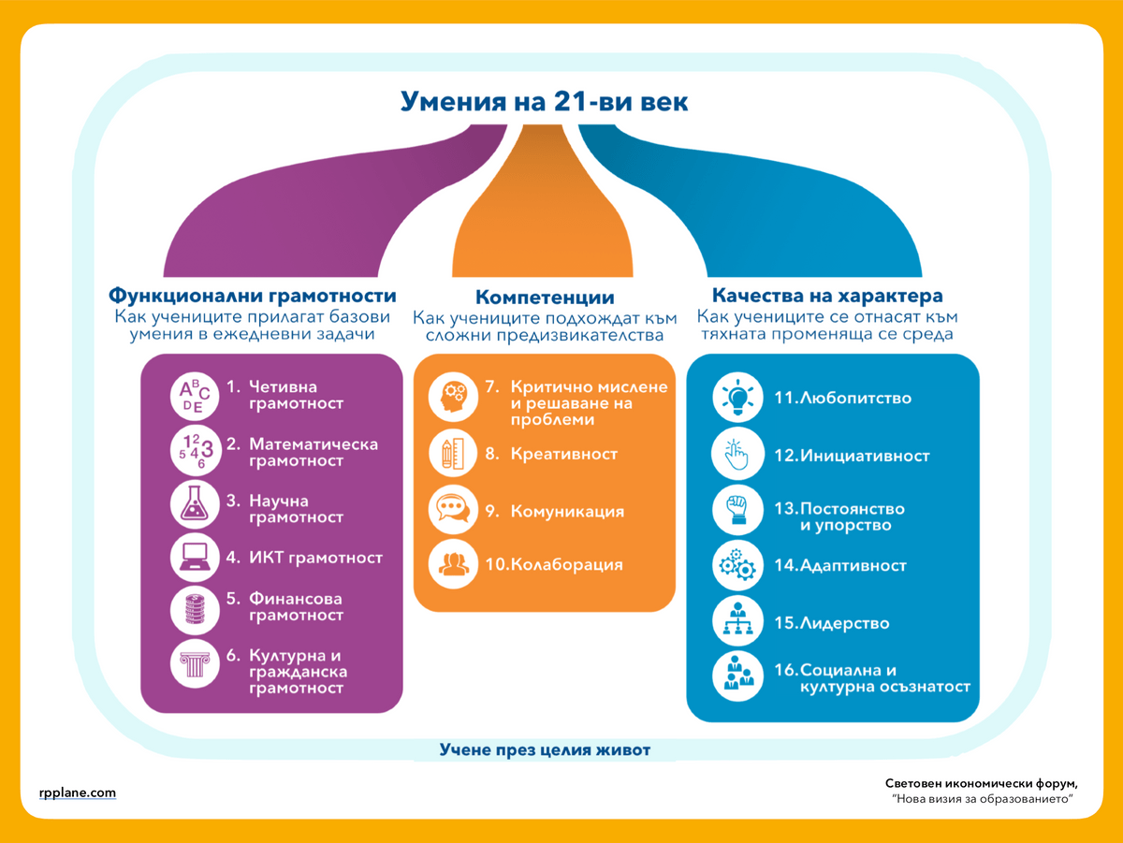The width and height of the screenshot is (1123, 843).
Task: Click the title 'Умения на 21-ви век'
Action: coord(544,101)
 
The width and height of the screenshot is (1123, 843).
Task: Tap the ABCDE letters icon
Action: coord(195,397)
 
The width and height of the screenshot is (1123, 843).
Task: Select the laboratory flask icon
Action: coord(195,504)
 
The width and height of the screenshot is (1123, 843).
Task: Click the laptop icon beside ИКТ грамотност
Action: coord(195,557)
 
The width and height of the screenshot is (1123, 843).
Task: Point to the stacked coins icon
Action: coord(195,610)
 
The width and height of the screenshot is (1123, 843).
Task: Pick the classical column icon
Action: coord(195,664)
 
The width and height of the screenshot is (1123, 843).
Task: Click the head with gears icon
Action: coord(453,398)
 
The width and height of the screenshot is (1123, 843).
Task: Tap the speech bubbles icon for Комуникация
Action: coord(453,510)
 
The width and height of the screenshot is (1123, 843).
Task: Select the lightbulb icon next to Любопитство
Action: coord(737,398)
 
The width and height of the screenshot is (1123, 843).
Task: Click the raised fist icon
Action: coord(737,510)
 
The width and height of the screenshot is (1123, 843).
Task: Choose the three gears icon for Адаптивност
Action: coord(737,566)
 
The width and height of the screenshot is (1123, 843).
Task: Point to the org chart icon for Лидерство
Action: coord(737,621)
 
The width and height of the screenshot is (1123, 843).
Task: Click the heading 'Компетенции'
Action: coord(545,298)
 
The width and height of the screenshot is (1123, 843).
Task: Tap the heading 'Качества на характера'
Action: coord(827,295)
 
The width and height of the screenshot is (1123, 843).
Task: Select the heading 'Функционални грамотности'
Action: coord(253,295)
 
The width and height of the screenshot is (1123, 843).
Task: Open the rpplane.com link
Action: coord(78,792)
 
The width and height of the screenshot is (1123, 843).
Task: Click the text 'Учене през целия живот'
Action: coord(545,749)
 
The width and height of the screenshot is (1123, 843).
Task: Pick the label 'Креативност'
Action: coord(563,454)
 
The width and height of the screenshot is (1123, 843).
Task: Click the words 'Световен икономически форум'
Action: coord(981,784)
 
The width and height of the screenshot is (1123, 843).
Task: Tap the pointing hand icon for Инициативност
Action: coord(737,454)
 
